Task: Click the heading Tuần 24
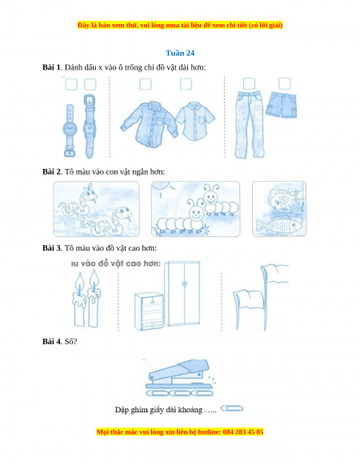[180, 53]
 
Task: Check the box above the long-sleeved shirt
[146, 84]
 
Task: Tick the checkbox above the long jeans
[249, 84]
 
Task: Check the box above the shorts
[284, 84]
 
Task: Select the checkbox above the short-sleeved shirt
[186, 84]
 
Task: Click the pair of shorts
[281, 105]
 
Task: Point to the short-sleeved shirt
[195, 121]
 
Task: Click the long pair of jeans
[249, 125]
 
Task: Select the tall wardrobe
[182, 294]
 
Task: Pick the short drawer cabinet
[149, 311]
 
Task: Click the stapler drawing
[180, 377]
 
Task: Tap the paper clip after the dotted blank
[232, 408]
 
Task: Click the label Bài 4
[51, 341]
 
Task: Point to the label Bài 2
[51, 172]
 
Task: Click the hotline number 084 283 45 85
[243, 432]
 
